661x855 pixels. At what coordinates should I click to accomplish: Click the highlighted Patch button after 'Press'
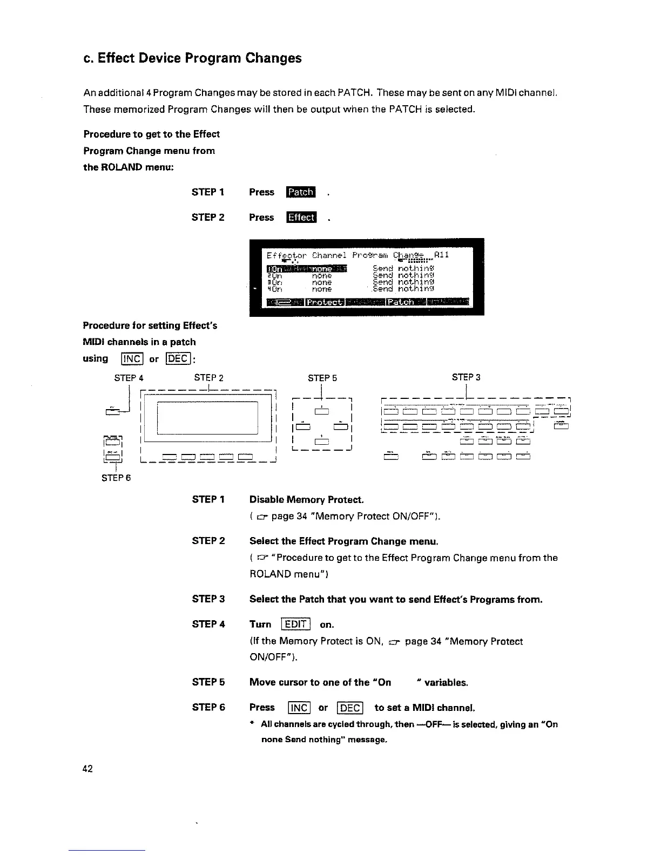click(x=301, y=192)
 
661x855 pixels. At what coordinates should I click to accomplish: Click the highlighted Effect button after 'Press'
click(x=301, y=218)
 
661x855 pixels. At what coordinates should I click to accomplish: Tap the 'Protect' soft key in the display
click(x=325, y=302)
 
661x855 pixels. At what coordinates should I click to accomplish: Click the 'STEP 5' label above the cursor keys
click(x=322, y=378)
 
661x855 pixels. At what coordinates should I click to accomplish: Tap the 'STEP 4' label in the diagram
click(x=129, y=378)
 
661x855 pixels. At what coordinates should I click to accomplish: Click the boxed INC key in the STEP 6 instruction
click(x=299, y=708)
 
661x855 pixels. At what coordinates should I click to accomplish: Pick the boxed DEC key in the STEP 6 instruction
click(x=350, y=708)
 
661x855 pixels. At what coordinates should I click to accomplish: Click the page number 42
click(x=88, y=769)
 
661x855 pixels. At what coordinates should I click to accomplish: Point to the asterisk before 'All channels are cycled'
click(x=252, y=724)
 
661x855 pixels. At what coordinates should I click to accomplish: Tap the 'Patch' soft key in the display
click(x=400, y=302)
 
